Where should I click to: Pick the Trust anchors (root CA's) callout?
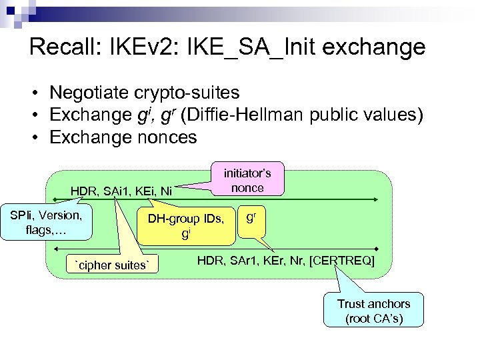tap(373, 311)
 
